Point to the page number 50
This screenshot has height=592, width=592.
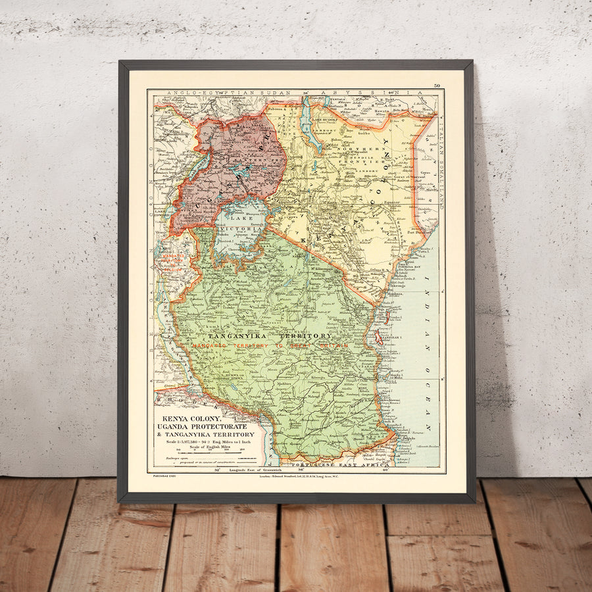point(437,86)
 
